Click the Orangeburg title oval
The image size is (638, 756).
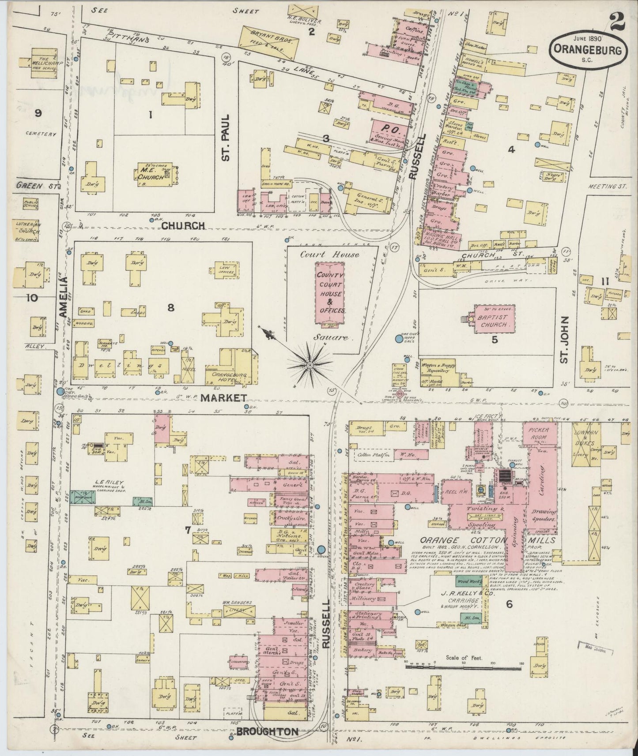coord(588,51)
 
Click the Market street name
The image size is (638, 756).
coord(223,398)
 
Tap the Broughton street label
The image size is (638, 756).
coord(267,732)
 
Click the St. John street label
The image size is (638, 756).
coord(565,340)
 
